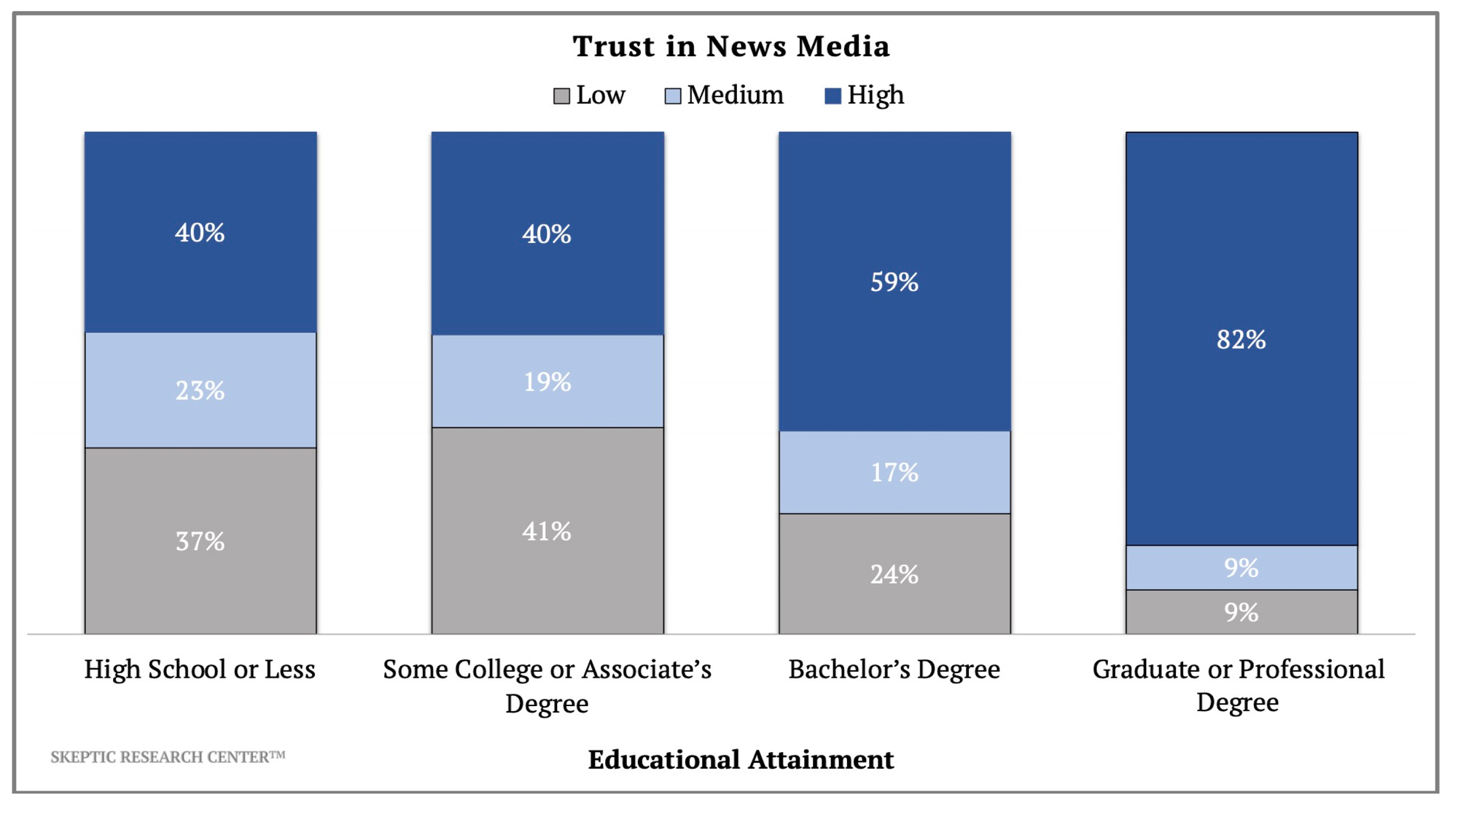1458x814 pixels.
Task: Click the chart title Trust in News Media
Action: coord(730,46)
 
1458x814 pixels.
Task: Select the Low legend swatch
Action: coord(561,96)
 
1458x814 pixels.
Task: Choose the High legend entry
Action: coord(864,96)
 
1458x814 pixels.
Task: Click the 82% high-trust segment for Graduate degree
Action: coord(1241,340)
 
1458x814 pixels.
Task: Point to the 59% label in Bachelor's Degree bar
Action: coord(894,282)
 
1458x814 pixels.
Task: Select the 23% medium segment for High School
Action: coord(200,391)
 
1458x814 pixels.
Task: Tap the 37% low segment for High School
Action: coord(200,541)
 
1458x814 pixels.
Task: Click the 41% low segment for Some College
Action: coord(547,531)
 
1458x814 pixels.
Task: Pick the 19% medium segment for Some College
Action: coord(547,381)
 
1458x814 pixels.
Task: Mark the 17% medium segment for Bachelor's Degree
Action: coord(894,473)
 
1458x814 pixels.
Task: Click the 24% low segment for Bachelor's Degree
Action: coord(894,575)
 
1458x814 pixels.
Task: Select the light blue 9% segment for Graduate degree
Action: coord(1241,567)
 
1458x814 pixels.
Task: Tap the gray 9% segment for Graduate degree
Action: coord(1241,612)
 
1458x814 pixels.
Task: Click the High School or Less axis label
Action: coord(200,670)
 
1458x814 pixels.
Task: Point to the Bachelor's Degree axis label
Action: coord(894,670)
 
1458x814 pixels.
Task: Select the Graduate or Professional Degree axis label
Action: coord(1238,686)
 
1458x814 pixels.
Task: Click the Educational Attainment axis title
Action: coord(741,760)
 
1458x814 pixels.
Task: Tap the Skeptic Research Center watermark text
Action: coord(168,757)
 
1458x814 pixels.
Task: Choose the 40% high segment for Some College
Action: coord(547,234)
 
